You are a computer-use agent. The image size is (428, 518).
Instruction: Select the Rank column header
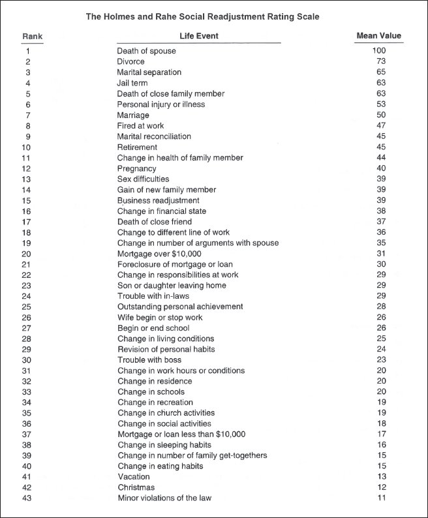pyautogui.click(x=32, y=36)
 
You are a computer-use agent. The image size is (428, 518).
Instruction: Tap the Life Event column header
pyautogui.click(x=199, y=36)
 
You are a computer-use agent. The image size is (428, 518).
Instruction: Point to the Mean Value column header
pyautogui.click(x=379, y=36)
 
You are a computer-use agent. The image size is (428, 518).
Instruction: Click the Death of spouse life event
pyautogui.click(x=146, y=51)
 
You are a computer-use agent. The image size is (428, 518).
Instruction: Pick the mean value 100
pyautogui.click(x=379, y=51)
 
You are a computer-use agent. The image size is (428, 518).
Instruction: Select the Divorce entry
pyautogui.click(x=131, y=61)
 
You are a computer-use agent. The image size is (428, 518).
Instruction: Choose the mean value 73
pyautogui.click(x=381, y=61)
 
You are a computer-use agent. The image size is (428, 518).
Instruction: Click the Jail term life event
pyautogui.click(x=132, y=83)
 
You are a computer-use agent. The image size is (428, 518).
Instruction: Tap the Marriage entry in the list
pyautogui.click(x=134, y=115)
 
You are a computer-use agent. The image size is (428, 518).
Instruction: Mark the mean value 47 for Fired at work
pyautogui.click(x=381, y=125)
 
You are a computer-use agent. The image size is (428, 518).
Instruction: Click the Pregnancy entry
pyautogui.click(x=138, y=168)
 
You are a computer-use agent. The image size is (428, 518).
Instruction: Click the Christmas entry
pyautogui.click(x=136, y=487)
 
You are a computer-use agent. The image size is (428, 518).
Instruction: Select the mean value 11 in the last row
pyautogui.click(x=381, y=498)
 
